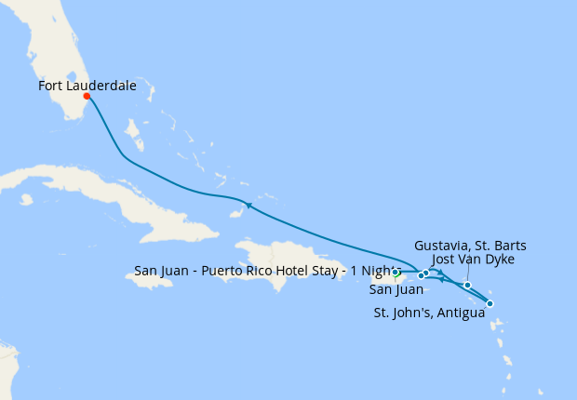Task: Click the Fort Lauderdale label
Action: pyautogui.click(x=87, y=86)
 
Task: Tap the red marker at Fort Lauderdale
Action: pyautogui.click(x=87, y=96)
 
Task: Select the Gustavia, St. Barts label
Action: pyautogui.click(x=470, y=246)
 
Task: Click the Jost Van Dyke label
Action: pyautogui.click(x=474, y=260)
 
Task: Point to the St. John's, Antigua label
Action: pyautogui.click(x=429, y=313)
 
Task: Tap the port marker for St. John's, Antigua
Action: pyautogui.click(x=490, y=303)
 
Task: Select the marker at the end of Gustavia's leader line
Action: pyautogui.click(x=467, y=285)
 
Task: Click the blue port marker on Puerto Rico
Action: pyautogui.click(x=396, y=273)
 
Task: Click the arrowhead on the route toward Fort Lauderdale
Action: pyautogui.click(x=248, y=205)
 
